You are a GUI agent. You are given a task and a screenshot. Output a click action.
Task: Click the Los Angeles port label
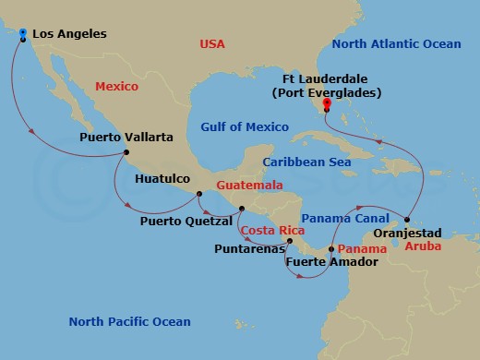click(x=70, y=34)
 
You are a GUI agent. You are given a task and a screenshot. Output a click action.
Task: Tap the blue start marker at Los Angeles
click(x=22, y=32)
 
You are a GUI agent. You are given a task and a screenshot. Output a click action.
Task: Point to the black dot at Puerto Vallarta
click(x=126, y=152)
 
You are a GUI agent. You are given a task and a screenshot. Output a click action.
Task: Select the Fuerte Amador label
click(x=319, y=262)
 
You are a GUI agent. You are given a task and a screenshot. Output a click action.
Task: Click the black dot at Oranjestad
click(x=407, y=219)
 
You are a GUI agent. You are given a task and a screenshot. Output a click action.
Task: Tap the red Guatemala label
click(x=249, y=186)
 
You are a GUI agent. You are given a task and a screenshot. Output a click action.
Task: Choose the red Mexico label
click(x=115, y=87)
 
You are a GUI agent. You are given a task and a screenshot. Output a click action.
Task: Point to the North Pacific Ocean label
click(x=130, y=321)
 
